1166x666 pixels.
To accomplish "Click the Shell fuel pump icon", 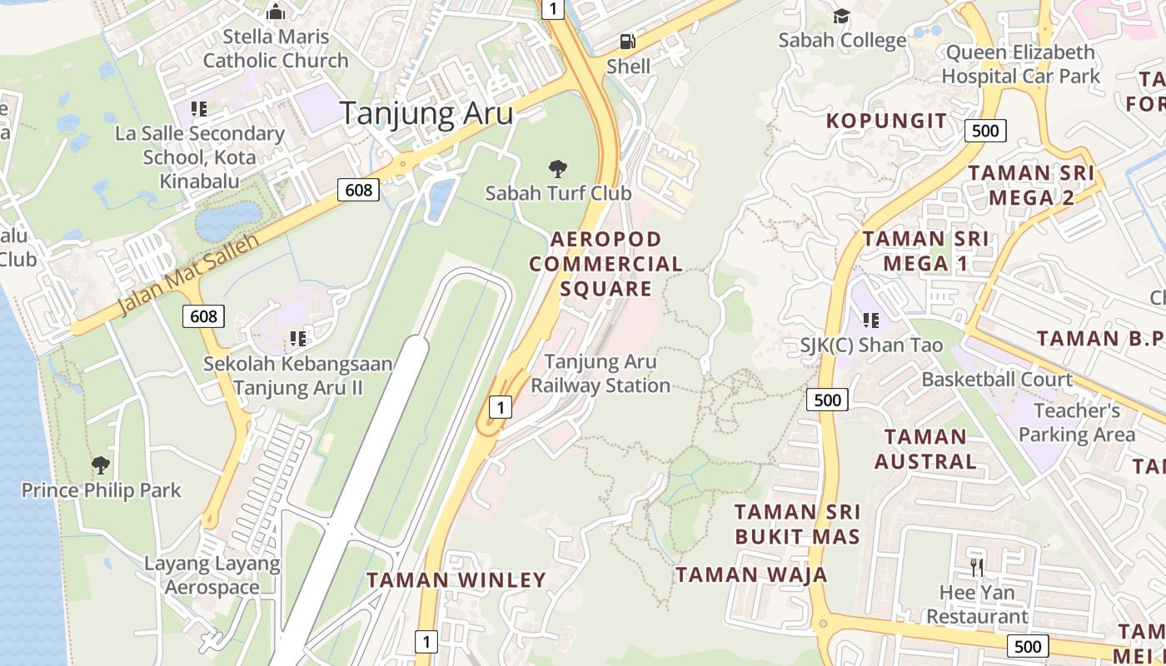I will (627, 41).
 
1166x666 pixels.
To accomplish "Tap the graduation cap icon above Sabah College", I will (841, 16).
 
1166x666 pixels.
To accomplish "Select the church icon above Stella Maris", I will (276, 12).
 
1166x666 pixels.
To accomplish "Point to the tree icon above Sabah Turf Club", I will (558, 169).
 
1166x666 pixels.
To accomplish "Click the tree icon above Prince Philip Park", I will (101, 465).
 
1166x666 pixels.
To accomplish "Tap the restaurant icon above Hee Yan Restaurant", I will (977, 568).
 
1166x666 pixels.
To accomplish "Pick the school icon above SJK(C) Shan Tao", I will (871, 321).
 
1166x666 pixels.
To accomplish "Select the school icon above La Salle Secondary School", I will (199, 108).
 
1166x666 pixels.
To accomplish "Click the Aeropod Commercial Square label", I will (605, 264).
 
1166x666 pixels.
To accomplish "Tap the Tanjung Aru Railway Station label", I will (600, 374).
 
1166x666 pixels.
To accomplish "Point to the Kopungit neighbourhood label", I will (887, 121).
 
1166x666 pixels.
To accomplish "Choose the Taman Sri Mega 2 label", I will (1032, 186).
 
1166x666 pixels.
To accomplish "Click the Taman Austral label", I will (925, 449).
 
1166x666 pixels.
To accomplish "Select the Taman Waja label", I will (751, 574).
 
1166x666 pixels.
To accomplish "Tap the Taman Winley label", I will (456, 579).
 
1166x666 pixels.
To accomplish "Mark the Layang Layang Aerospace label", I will (212, 575).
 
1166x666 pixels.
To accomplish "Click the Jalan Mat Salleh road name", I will (187, 274).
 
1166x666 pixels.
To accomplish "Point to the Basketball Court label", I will (997, 380).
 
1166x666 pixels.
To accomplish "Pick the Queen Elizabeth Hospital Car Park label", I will (1020, 64).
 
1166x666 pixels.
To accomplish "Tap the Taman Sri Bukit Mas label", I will (797, 524).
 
